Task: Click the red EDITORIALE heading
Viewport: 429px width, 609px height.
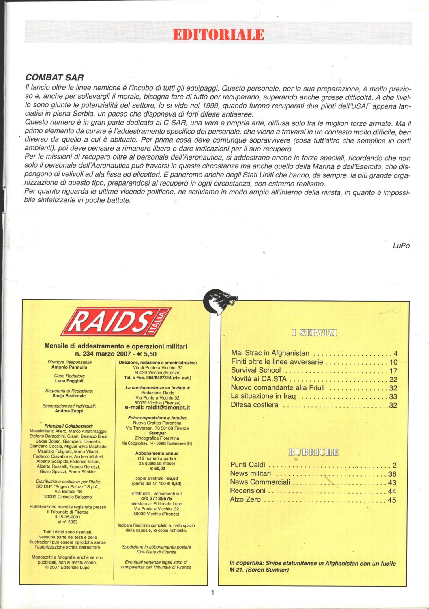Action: (218, 35)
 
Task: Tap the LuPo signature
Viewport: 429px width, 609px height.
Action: (401, 246)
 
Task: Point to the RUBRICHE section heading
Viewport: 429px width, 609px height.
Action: (313, 452)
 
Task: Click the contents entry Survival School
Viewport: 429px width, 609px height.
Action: (256, 370)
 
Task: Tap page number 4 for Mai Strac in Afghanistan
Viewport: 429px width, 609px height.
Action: (395, 354)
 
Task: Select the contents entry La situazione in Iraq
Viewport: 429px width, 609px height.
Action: (263, 396)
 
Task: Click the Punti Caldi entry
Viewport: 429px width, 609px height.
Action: (247, 465)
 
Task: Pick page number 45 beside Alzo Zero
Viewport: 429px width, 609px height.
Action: (392, 500)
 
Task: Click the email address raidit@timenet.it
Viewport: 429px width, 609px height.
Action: (157, 407)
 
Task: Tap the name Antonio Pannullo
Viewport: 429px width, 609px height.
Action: (69, 367)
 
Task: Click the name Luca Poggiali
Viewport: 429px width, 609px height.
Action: (69, 381)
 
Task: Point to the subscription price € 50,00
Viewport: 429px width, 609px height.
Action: (157, 468)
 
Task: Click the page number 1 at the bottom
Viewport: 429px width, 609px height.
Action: (212, 592)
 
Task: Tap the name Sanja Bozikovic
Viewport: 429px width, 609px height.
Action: (69, 396)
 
